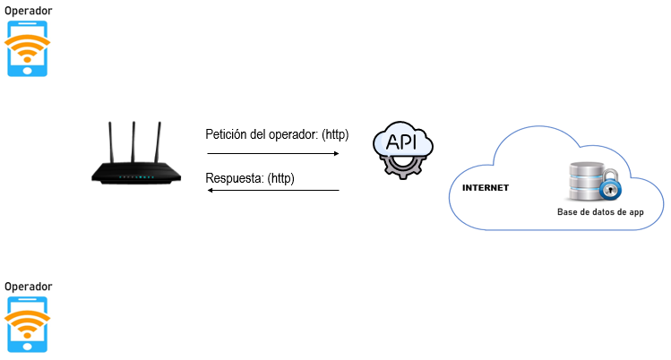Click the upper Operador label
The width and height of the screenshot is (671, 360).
pyautogui.click(x=28, y=10)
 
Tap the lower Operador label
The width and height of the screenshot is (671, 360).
pyautogui.click(x=28, y=286)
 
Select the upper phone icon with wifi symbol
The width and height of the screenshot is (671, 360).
pyautogui.click(x=28, y=49)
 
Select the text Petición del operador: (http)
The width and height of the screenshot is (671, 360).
pyautogui.click(x=276, y=135)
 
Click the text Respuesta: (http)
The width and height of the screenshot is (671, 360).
pyautogui.click(x=250, y=179)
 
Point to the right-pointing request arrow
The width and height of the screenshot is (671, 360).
pyautogui.click(x=273, y=154)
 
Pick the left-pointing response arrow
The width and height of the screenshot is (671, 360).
pyautogui.click(x=273, y=190)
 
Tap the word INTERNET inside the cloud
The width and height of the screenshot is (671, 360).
pyautogui.click(x=485, y=189)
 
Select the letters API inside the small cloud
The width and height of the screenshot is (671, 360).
pyautogui.click(x=403, y=141)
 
